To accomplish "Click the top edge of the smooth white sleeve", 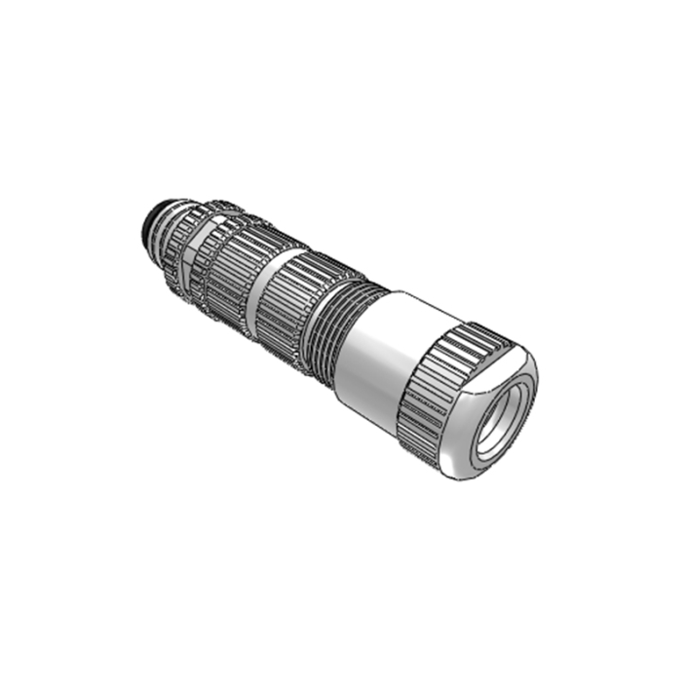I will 409,297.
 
